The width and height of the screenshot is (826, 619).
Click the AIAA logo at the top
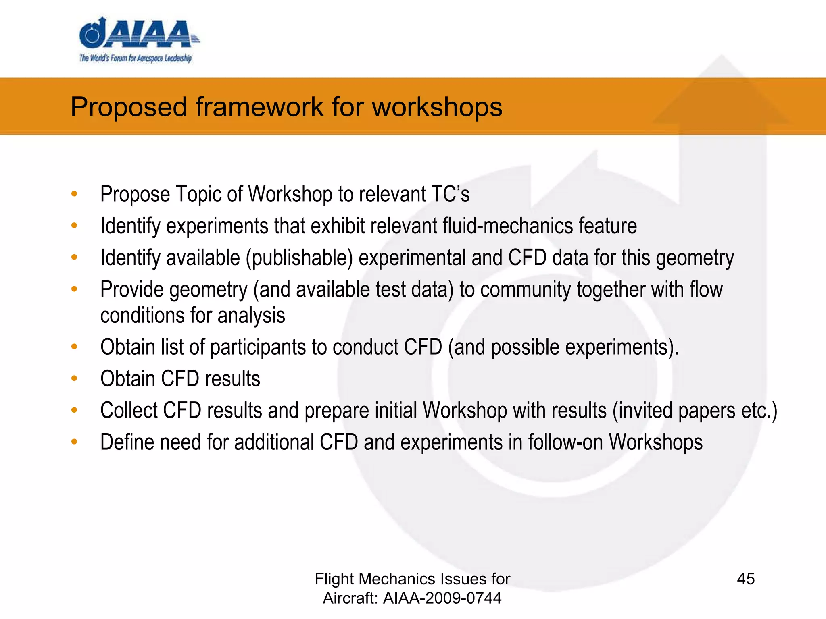pos(137,34)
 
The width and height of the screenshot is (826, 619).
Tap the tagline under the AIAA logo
pos(136,58)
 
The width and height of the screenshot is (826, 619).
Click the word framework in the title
pos(260,107)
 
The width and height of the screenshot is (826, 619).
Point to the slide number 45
pos(745,579)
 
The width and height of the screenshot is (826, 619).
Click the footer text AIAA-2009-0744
pos(442,598)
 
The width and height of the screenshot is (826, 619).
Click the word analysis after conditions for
pos(251,316)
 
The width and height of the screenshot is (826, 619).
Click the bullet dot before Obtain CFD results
pos(74,378)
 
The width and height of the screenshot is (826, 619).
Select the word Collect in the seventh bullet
pos(129,411)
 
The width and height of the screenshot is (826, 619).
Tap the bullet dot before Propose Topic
pos(74,194)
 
